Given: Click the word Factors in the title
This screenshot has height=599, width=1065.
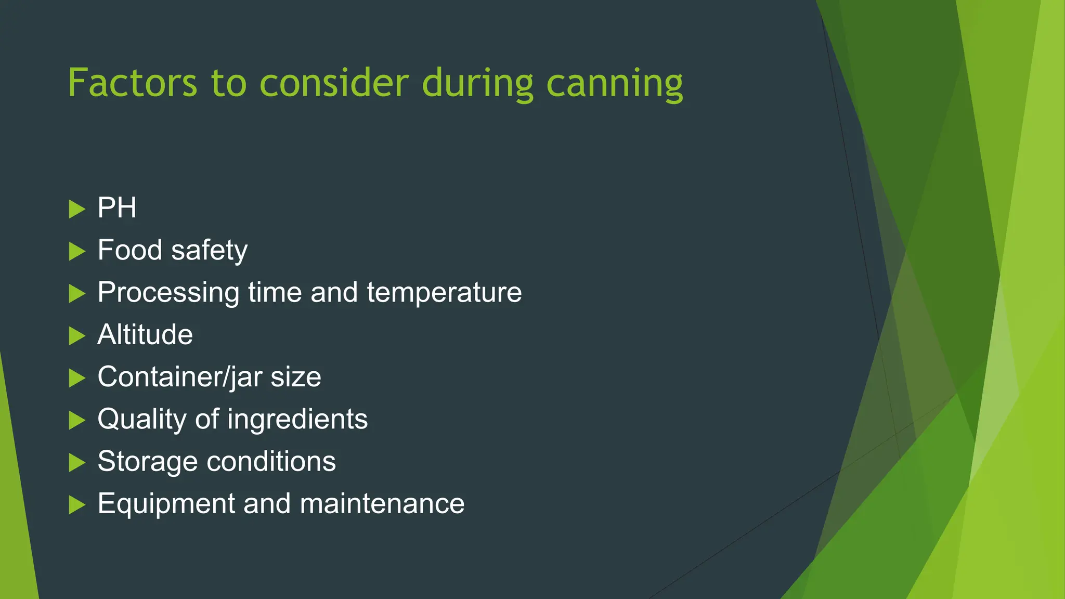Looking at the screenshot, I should [133, 83].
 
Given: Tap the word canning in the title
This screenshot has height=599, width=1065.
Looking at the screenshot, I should [615, 84].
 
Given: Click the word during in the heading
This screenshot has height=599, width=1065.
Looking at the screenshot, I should [477, 84].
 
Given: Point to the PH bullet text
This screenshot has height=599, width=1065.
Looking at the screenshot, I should [117, 208].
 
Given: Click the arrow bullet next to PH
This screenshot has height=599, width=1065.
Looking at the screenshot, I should [76, 209].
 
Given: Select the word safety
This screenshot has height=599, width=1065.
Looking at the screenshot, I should [209, 251].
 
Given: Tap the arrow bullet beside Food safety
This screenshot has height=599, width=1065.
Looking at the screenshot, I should [76, 252].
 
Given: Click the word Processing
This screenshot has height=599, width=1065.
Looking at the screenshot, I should [168, 293].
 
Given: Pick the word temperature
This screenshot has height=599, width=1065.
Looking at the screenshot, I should [444, 293].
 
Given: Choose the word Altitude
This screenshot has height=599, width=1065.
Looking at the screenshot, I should [145, 334].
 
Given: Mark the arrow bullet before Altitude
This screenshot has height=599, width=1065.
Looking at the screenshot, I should [76, 336].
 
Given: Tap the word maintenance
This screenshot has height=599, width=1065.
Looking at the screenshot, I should [382, 504].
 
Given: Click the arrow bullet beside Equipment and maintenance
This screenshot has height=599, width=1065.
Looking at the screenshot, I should [76, 505].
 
